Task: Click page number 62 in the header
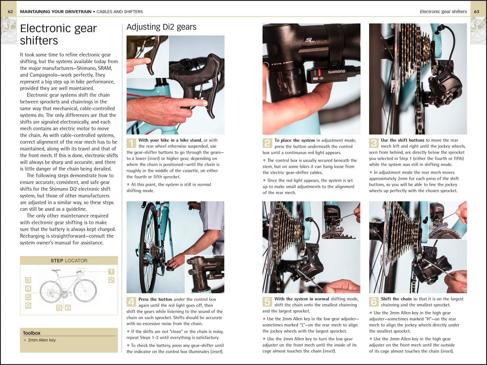[x=10, y=12]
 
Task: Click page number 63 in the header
[x=476, y=12]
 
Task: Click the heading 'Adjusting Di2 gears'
[x=161, y=27]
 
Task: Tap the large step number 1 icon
[x=131, y=143]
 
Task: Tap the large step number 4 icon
[x=131, y=302]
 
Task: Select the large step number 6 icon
[x=373, y=302]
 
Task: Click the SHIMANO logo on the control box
[x=336, y=72]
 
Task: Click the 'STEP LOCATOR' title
[x=69, y=261]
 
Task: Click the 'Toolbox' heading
[x=32, y=333]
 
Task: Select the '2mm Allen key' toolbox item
[x=42, y=340]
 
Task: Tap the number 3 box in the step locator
[x=28, y=280]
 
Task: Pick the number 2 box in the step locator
[x=111, y=280]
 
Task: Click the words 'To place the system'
[x=295, y=140]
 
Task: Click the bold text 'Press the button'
[x=155, y=299]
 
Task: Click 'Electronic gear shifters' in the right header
[x=443, y=12]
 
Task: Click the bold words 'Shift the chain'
[x=396, y=299]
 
